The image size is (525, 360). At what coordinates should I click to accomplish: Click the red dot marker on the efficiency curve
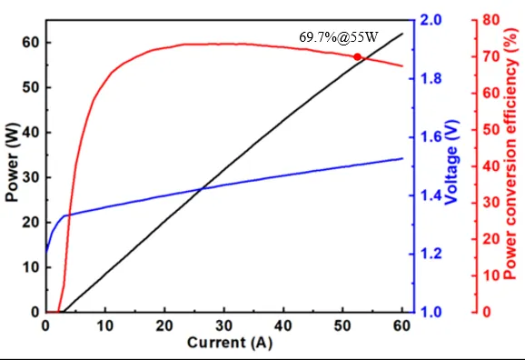pos(357,57)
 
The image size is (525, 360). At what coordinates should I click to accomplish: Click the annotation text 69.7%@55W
pos(339,37)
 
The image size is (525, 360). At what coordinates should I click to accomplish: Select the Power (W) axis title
pos(12,162)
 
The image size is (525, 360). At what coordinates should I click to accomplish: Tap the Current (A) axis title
pos(230,343)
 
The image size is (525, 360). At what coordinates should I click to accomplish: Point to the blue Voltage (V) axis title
pos(451,162)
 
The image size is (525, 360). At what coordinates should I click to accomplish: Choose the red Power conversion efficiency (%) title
pos(510,154)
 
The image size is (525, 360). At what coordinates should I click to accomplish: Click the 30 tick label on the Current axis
pos(224,325)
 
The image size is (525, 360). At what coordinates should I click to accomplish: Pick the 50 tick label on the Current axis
pos(342,325)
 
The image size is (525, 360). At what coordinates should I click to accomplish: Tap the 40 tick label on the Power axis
pos(31,133)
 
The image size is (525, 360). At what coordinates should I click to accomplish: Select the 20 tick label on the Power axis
pos(31,222)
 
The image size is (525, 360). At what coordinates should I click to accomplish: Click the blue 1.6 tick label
pos(431,137)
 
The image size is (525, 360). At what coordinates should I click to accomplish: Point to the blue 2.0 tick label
pos(431,20)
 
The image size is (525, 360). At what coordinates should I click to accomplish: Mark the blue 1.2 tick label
pos(431,254)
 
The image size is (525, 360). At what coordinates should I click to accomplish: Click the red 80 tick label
pos(490,20)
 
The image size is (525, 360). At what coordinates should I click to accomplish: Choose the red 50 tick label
pos(490,129)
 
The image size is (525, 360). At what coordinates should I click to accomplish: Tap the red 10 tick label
pos(490,275)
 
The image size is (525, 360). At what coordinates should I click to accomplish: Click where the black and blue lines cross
pos(202,189)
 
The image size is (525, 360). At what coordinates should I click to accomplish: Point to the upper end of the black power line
pos(402,34)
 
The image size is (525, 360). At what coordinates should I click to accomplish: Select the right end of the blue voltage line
pos(402,158)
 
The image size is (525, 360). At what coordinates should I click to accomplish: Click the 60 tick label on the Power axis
pos(31,43)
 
